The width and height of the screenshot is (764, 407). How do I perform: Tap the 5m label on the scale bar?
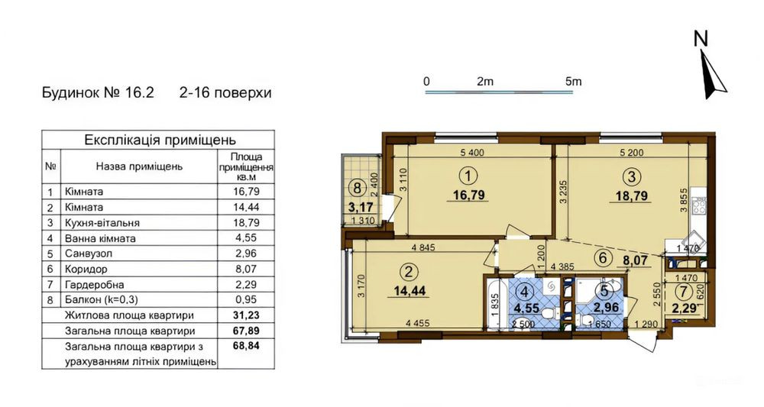pos(574,81)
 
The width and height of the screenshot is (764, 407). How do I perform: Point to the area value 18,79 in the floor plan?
pos(631,195)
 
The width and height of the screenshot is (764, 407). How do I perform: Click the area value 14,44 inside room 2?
pos(413,291)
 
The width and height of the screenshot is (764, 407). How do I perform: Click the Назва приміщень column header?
pos(138,166)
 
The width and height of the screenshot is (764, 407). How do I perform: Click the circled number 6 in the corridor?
pos(603,258)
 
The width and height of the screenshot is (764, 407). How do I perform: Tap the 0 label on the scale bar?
pos(426,81)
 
